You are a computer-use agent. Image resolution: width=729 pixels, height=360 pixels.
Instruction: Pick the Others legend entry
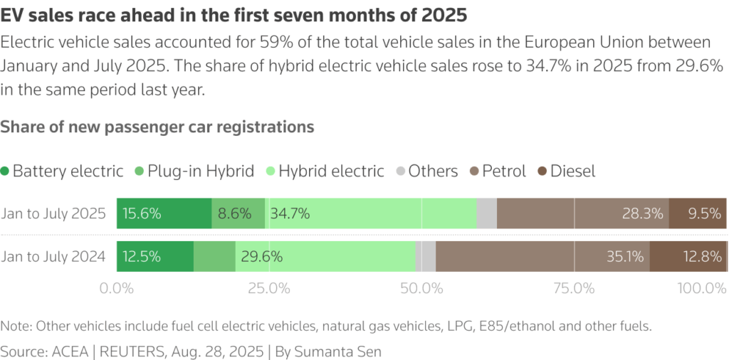pos(426,171)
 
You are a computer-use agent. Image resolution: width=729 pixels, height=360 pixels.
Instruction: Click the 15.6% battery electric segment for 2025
pos(164,213)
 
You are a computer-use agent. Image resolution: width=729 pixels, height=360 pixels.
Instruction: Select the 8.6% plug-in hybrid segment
pos(238,213)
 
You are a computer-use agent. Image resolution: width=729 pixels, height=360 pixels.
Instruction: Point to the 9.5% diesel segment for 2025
pos(698,213)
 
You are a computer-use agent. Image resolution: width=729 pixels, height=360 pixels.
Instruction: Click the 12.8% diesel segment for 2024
pos(688,256)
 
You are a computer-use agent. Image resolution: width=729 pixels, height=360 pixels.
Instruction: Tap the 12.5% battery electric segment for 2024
pos(154,256)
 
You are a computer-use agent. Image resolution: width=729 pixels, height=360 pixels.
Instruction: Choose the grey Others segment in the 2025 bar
pos(487,213)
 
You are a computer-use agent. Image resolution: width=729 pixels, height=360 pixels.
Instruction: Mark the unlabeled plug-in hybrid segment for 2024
pos(214,256)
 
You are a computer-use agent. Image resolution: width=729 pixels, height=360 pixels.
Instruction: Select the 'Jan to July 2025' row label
pos(53,213)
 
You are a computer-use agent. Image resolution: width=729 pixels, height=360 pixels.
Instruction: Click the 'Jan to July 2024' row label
pos(53,257)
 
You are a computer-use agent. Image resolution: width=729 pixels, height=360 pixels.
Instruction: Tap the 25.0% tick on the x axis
pos(268,289)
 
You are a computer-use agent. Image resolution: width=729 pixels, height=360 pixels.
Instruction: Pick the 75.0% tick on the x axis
pos(574,289)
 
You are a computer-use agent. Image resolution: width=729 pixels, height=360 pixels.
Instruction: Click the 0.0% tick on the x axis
pos(117,289)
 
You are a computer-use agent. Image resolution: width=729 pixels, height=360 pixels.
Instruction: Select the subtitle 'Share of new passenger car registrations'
pos(157,127)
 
